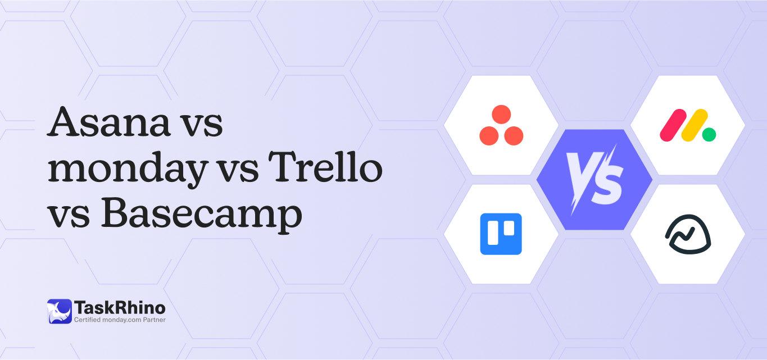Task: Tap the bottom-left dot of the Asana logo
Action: coord(489,135)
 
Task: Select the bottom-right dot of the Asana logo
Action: coord(514,135)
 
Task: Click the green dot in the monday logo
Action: coord(709,134)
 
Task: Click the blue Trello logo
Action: coord(501,234)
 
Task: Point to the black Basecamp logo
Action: coord(688,234)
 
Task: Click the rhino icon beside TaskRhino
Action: coord(59,311)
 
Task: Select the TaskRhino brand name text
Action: coord(120,307)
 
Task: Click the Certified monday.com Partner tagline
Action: coord(120,320)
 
